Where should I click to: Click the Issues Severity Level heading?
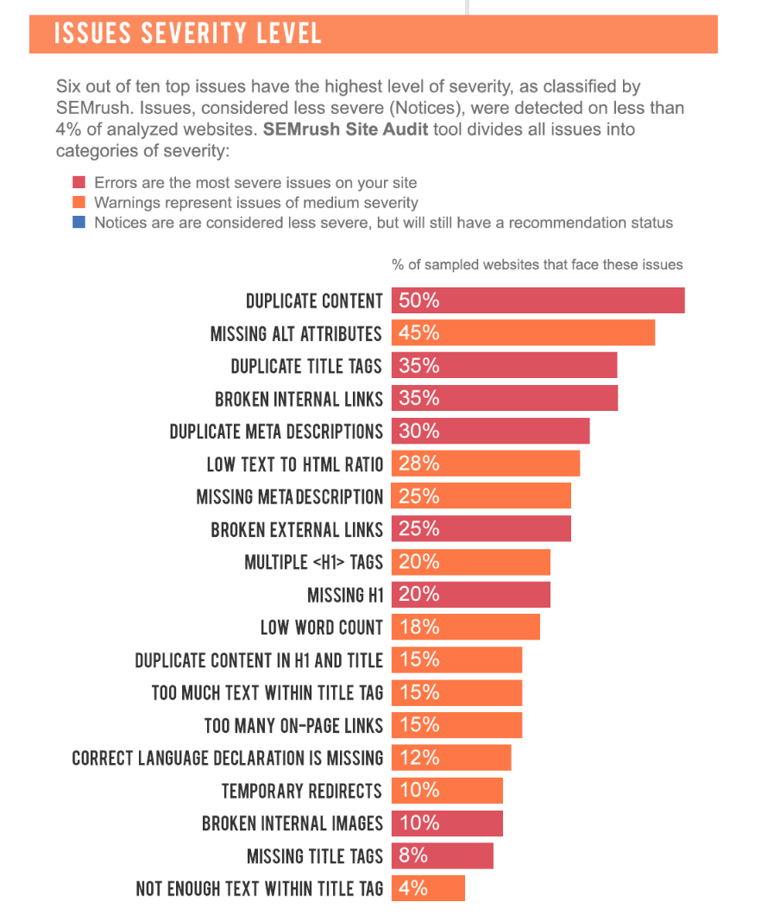point(188,34)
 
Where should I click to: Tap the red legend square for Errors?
point(79,183)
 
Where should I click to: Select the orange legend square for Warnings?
point(79,203)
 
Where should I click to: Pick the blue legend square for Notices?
point(79,223)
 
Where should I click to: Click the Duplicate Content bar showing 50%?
point(538,300)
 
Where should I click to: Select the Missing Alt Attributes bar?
point(523,333)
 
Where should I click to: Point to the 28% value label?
point(419,464)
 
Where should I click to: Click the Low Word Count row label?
point(321,628)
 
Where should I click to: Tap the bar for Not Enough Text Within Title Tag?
point(428,888)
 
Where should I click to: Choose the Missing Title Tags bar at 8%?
point(442,855)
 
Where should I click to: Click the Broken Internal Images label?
point(292,823)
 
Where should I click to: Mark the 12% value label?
point(419,757)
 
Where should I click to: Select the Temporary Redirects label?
point(301,791)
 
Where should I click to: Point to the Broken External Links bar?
point(481,528)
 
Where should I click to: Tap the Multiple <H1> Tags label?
point(313,563)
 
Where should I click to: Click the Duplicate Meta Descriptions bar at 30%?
point(490,431)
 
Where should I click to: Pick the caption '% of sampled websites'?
point(537,265)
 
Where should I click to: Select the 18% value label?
point(419,627)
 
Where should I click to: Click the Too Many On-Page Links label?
point(293,725)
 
